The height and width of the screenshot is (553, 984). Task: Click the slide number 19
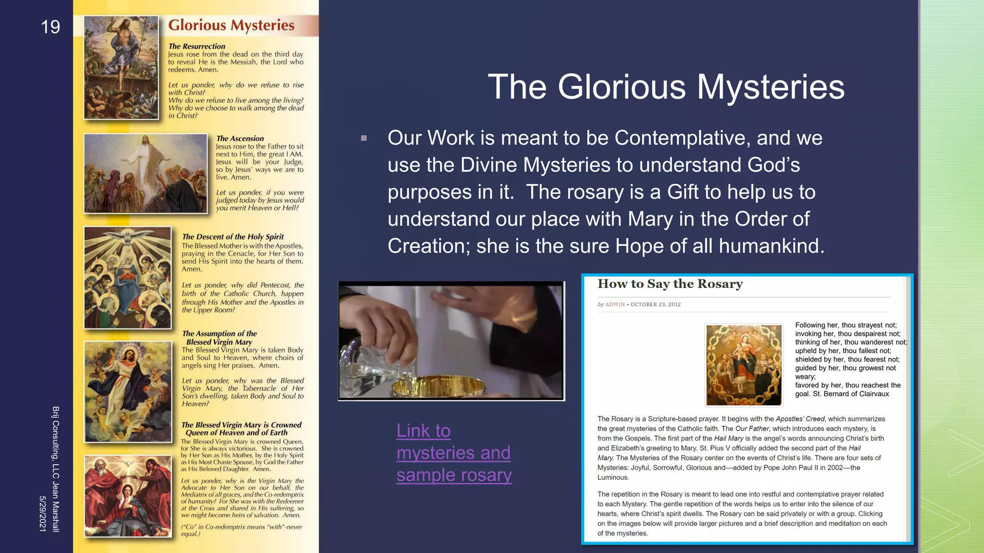[50, 27]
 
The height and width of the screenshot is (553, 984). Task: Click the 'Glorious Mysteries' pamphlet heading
[231, 25]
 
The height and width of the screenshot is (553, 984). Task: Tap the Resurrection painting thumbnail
[121, 68]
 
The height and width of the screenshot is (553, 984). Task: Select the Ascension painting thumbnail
[145, 173]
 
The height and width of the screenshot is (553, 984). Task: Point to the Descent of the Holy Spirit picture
[128, 277]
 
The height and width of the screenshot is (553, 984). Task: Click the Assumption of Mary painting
[128, 392]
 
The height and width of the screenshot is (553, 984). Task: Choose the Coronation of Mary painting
[128, 496]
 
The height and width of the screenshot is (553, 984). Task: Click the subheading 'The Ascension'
[240, 139]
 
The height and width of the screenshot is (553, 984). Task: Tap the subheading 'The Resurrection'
[197, 47]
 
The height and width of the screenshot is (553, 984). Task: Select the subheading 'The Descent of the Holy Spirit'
[233, 237]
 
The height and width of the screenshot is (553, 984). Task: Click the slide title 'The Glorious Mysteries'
[666, 87]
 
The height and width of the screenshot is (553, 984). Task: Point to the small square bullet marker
[364, 138]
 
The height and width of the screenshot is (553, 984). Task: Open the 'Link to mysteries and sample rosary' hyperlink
[454, 453]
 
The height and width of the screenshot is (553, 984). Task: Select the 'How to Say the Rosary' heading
[670, 284]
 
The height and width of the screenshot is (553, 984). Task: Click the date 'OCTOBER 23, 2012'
[655, 304]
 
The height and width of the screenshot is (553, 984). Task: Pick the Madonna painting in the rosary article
[744, 365]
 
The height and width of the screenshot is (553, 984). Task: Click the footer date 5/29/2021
[43, 514]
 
